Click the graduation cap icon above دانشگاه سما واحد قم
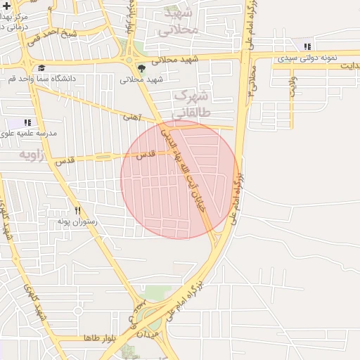(41, 68)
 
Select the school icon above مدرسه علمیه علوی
(27, 122)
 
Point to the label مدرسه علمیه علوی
(28, 132)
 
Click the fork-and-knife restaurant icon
(77, 210)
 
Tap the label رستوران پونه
(79, 221)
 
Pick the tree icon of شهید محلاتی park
(143, 69)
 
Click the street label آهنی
(132, 117)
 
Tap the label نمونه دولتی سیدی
(307, 58)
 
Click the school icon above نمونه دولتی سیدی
(307, 47)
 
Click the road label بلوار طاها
(98, 337)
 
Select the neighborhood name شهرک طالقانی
(191, 103)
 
